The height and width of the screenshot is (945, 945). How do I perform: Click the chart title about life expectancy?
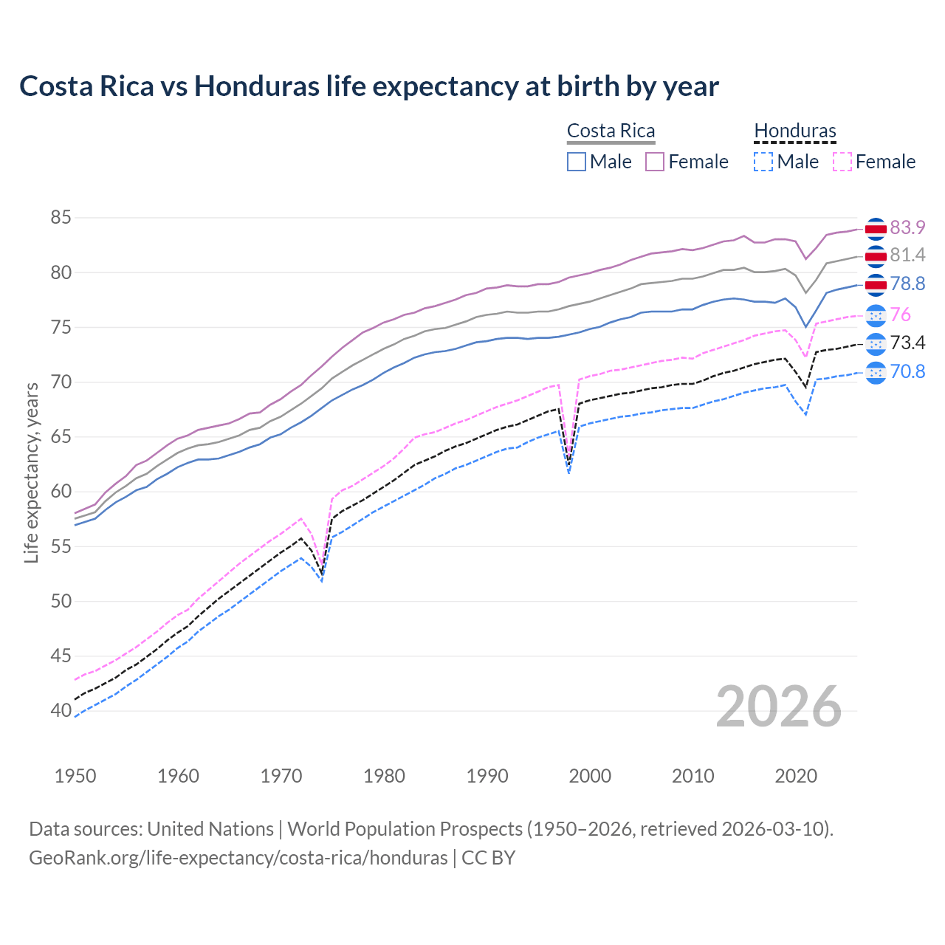[x=368, y=86]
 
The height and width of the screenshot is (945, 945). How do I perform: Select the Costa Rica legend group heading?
[x=611, y=131]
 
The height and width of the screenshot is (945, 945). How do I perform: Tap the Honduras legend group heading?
[x=794, y=131]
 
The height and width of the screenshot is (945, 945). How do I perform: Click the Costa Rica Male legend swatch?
[x=577, y=162]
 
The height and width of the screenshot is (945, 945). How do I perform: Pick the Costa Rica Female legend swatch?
[x=655, y=162]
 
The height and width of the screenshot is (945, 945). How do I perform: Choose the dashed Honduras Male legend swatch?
[x=763, y=162]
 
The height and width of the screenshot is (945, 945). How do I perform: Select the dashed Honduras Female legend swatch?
[x=842, y=162]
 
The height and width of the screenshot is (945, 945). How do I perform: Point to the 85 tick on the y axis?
[x=61, y=218]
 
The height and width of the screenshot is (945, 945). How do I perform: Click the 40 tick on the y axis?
[x=61, y=711]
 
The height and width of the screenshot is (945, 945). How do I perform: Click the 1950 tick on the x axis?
[x=75, y=776]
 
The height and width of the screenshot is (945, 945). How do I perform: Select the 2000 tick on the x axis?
[x=590, y=776]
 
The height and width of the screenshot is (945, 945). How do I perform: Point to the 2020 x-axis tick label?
[x=796, y=776]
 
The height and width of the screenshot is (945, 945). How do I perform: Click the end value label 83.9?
[x=907, y=228]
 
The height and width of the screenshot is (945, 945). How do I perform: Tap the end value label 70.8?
[x=907, y=371]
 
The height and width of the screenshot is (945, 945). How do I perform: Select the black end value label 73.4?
[x=907, y=343]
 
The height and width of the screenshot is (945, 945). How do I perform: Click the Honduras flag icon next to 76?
[x=876, y=315]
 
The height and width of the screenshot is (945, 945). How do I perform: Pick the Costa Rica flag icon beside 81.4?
[x=876, y=256]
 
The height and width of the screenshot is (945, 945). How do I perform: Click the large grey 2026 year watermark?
[x=779, y=707]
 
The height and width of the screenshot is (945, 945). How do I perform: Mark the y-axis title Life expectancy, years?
[x=32, y=472]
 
